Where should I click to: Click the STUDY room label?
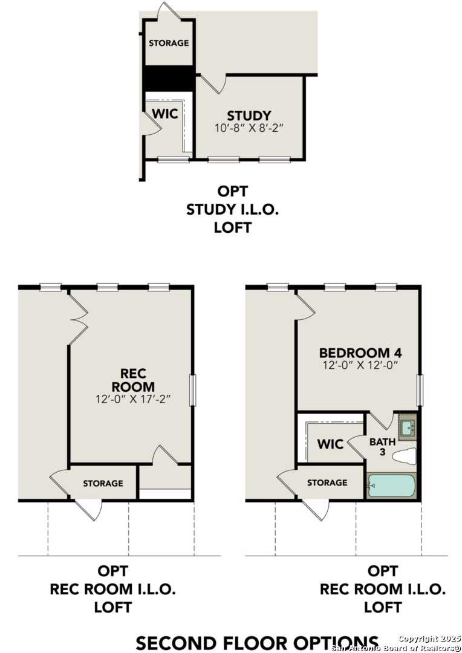pyautogui.click(x=249, y=115)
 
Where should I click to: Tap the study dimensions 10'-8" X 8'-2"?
pyautogui.click(x=249, y=128)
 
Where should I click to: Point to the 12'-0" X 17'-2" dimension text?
pyautogui.click(x=133, y=400)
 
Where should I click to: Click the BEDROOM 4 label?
pyautogui.click(x=360, y=352)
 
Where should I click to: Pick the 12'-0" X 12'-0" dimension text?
pyautogui.click(x=360, y=365)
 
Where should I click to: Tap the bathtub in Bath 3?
pyautogui.click(x=391, y=486)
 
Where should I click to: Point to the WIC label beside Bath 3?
pyautogui.click(x=330, y=444)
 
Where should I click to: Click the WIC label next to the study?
pyautogui.click(x=164, y=114)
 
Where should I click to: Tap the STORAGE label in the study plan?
pyautogui.click(x=169, y=43)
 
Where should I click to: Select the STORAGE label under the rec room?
pyautogui.click(x=103, y=483)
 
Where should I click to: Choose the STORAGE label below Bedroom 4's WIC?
pyautogui.click(x=327, y=482)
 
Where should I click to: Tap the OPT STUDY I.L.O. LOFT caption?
pyautogui.click(x=233, y=209)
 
